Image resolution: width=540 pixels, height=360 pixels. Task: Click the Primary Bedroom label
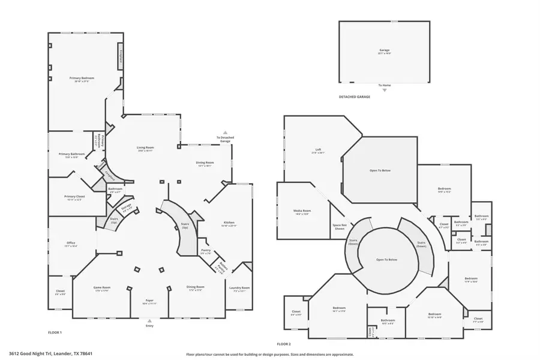[x=82, y=78]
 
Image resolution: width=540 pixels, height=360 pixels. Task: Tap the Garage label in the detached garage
[x=384, y=50]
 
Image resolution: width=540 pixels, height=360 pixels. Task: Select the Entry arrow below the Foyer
[x=150, y=322]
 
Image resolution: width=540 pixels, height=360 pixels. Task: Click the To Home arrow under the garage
[x=385, y=90]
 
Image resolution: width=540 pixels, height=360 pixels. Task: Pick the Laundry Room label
[x=239, y=287]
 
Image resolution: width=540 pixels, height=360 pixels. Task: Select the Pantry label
[x=205, y=251]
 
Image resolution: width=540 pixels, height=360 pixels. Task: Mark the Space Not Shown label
[x=340, y=227]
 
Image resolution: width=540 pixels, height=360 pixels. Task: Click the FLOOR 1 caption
[x=55, y=332]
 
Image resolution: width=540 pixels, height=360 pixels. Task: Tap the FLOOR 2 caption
[x=284, y=344]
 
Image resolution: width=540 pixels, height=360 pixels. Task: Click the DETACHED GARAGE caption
[x=355, y=96]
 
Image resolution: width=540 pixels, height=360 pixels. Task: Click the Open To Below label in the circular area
[x=387, y=260]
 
